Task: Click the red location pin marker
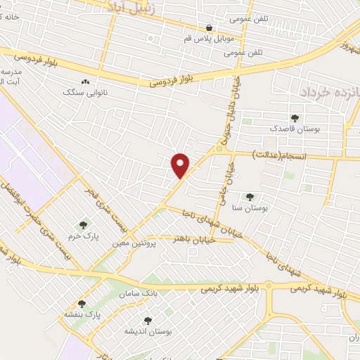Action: [181, 165]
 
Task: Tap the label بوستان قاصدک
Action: [295, 129]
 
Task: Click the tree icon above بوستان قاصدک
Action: [295, 118]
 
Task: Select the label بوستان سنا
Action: [249, 208]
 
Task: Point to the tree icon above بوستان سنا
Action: [249, 197]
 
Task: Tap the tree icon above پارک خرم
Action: [83, 225]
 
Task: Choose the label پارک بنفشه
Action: [82, 315]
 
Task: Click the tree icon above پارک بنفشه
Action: [82, 304]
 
